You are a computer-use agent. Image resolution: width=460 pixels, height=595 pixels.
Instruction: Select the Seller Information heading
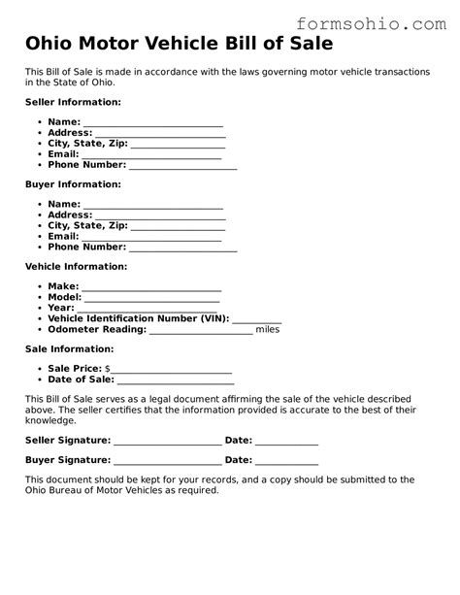coord(73,102)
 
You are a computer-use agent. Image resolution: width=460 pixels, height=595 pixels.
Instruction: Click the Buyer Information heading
coord(73,184)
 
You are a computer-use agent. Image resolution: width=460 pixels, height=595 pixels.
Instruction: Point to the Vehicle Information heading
coord(76,266)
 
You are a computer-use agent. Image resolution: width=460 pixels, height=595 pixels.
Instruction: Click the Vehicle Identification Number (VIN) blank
coord(257,319)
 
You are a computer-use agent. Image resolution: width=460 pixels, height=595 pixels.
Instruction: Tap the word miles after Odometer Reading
coord(268,330)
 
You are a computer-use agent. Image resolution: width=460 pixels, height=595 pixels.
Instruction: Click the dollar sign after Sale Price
coord(107,370)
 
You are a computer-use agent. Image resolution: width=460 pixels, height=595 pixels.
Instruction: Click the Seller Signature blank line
coord(167,441)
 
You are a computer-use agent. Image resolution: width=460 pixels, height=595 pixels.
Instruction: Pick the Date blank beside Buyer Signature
coord(287,461)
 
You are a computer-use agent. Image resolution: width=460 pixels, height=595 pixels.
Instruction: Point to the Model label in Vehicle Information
coord(63,298)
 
